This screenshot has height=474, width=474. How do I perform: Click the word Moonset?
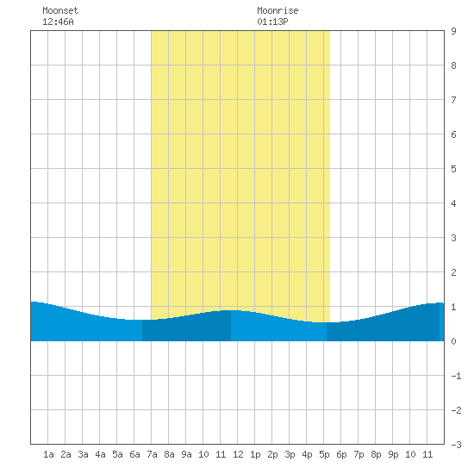pyautogui.click(x=60, y=10)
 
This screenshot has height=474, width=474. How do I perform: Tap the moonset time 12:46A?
pyautogui.click(x=58, y=22)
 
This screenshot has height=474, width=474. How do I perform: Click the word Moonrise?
pyautogui.click(x=278, y=10)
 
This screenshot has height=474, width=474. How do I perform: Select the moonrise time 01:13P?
pyautogui.click(x=272, y=22)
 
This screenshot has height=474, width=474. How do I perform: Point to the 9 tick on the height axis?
pyautogui.click(x=453, y=31)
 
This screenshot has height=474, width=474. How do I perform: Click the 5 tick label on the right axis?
pyautogui.click(x=453, y=169)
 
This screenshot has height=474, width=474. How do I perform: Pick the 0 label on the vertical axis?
pyautogui.click(x=453, y=341)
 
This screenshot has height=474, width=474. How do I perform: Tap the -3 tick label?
pyautogui.click(x=456, y=445)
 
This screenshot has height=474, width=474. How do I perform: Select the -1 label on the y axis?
pyautogui.click(x=456, y=376)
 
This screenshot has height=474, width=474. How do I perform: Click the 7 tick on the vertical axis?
pyautogui.click(x=453, y=100)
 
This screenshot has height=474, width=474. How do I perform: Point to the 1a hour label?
pyautogui.click(x=48, y=454)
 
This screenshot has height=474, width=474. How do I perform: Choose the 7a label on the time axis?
pyautogui.click(x=152, y=454)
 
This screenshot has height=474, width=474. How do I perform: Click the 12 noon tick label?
pyautogui.click(x=238, y=454)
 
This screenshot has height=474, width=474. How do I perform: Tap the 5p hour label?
pyautogui.click(x=324, y=454)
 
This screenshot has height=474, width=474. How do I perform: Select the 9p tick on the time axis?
pyautogui.click(x=393, y=454)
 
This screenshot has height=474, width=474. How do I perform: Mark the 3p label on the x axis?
pyautogui.click(x=290, y=454)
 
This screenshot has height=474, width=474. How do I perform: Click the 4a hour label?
pyautogui.click(x=100, y=454)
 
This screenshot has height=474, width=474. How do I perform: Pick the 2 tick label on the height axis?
pyautogui.click(x=453, y=272)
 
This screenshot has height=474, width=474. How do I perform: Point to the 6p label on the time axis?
pyautogui.click(x=341, y=454)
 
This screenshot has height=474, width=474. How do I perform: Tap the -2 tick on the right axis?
pyautogui.click(x=456, y=410)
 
